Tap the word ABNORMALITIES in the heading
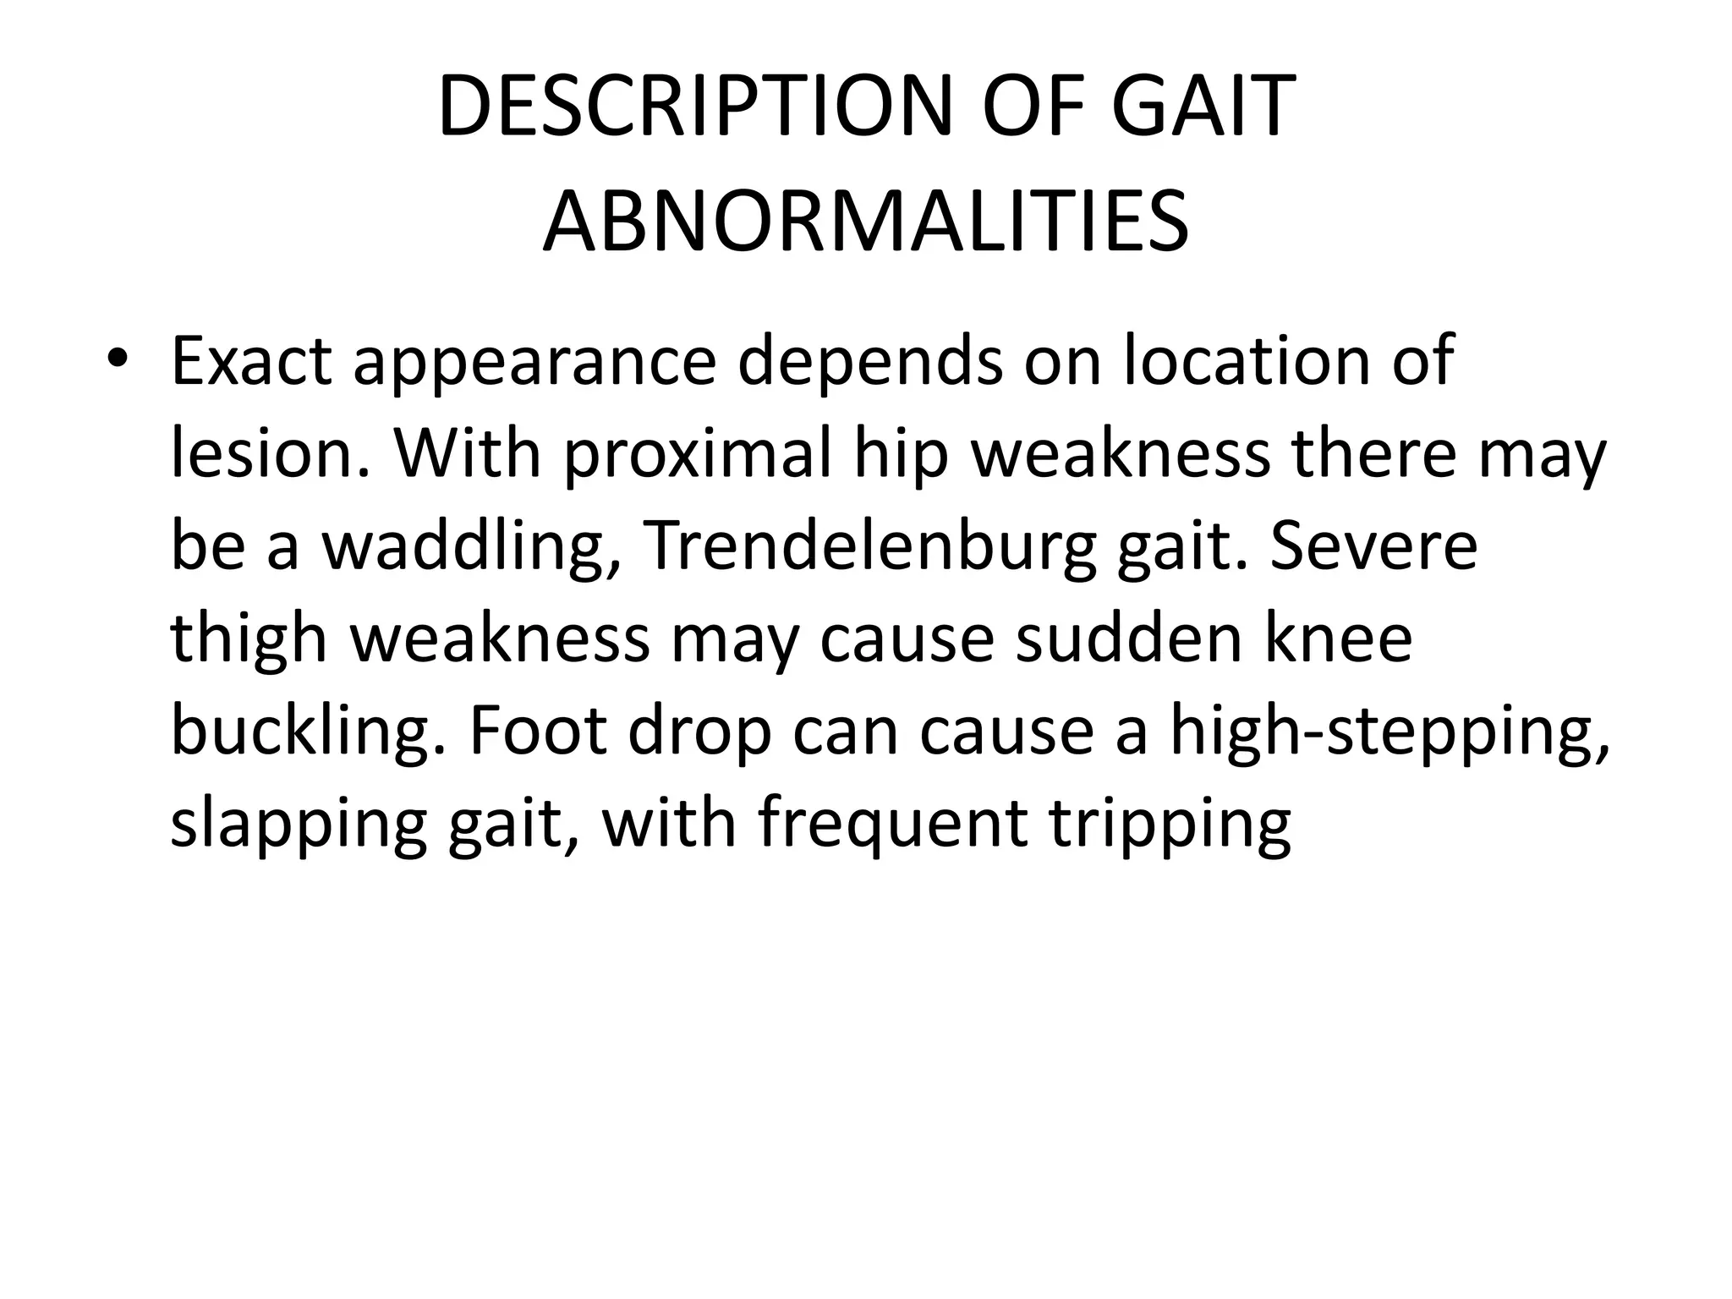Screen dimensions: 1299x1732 (x=865, y=222)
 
